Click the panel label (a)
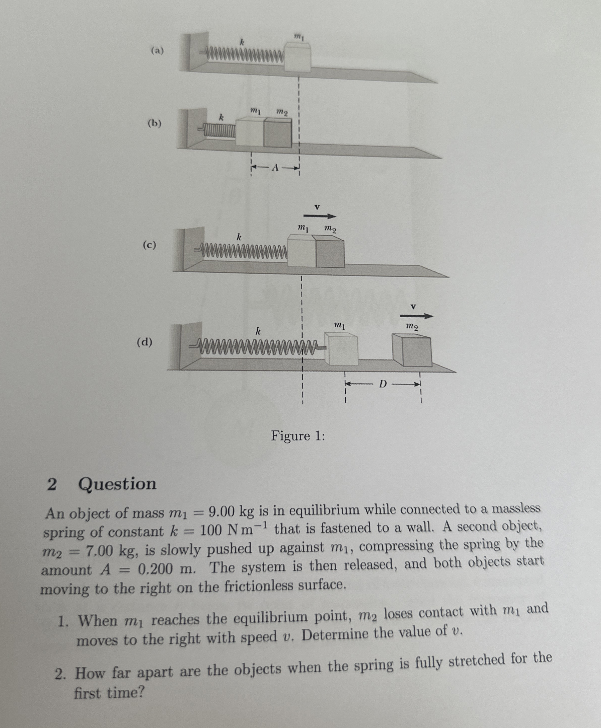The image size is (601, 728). pyautogui.click(x=157, y=51)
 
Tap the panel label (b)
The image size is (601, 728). pyautogui.click(x=155, y=124)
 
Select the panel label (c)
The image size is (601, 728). pyautogui.click(x=149, y=245)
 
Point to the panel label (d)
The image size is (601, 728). pyautogui.click(x=144, y=342)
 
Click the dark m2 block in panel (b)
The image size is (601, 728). pyautogui.click(x=278, y=133)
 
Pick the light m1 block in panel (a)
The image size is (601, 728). pyautogui.click(x=297, y=57)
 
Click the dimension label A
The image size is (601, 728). pyautogui.click(x=275, y=168)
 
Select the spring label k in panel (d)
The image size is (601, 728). pyautogui.click(x=258, y=331)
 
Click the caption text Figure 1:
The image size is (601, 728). pyautogui.click(x=298, y=435)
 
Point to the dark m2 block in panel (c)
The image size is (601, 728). pyautogui.click(x=330, y=253)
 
